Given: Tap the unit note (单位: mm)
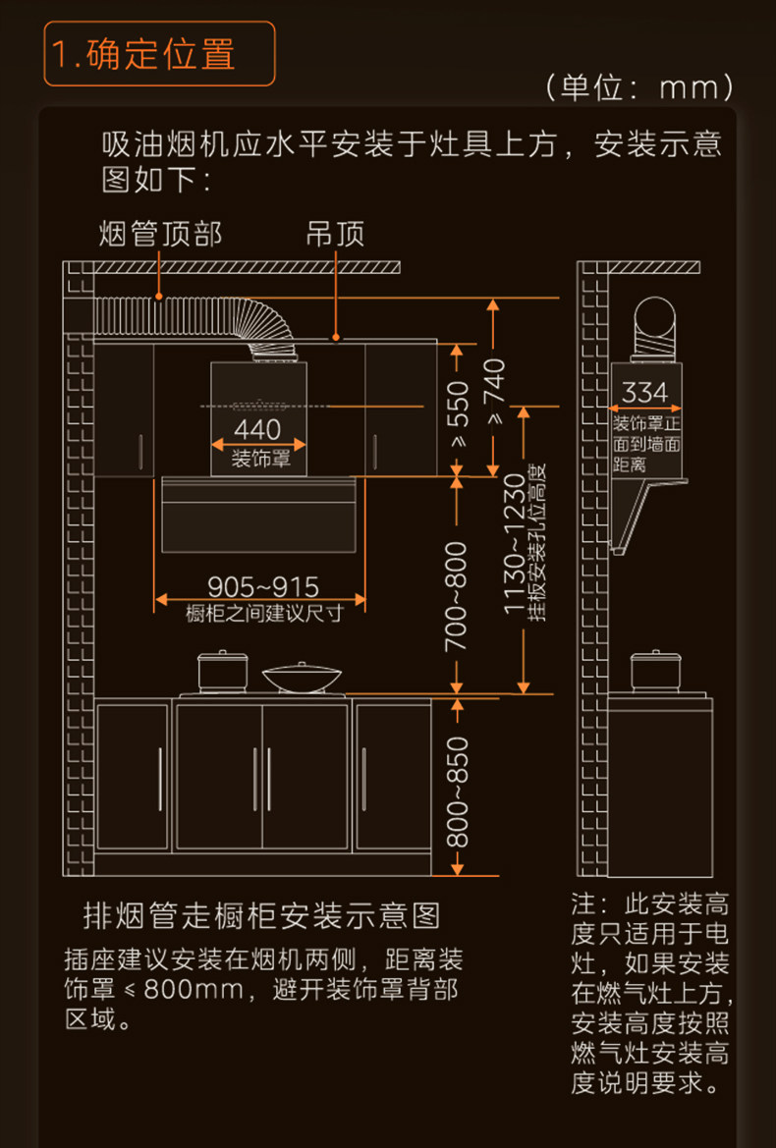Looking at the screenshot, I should click(x=639, y=88).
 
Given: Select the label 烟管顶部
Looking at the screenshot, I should click(x=160, y=234).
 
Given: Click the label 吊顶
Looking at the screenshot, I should click(x=335, y=234).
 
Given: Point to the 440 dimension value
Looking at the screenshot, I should click(x=257, y=429).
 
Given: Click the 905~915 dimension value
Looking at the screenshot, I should click(x=263, y=587).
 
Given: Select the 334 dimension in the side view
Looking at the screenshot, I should click(x=644, y=393).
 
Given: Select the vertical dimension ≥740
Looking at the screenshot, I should click(x=493, y=393).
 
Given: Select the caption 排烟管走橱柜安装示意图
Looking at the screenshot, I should click(x=261, y=916).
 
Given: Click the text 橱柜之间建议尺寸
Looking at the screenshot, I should click(x=264, y=614).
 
